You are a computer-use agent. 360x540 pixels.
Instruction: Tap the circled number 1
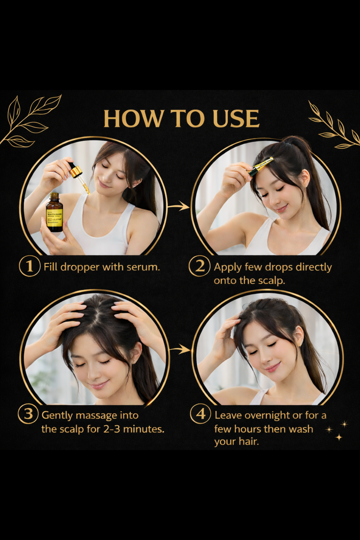tap(30, 266)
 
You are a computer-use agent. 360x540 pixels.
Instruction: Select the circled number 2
tap(199, 266)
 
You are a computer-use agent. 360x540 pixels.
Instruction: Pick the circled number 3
tap(28, 414)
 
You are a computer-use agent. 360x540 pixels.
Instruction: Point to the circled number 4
tap(200, 414)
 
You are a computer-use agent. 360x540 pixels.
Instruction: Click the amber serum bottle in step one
tap(54, 213)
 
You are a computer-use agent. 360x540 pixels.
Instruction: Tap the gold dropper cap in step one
tap(76, 172)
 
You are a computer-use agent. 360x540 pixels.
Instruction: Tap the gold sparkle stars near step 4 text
tap(338, 430)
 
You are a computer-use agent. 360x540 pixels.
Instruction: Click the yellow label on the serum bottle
tap(54, 217)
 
